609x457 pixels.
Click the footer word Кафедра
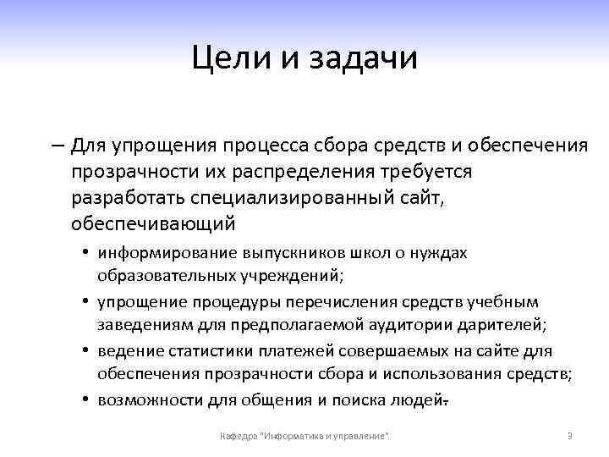coord(239,436)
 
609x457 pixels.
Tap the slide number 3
coord(569,436)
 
